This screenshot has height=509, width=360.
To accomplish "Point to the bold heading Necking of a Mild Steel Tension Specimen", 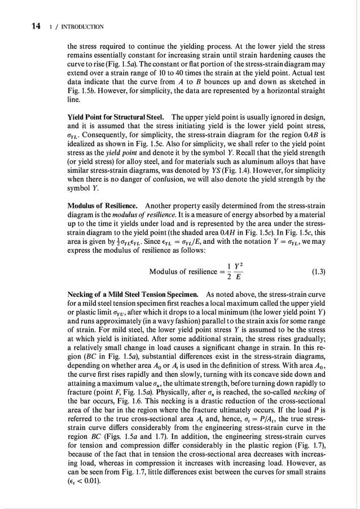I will point(133,294).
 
